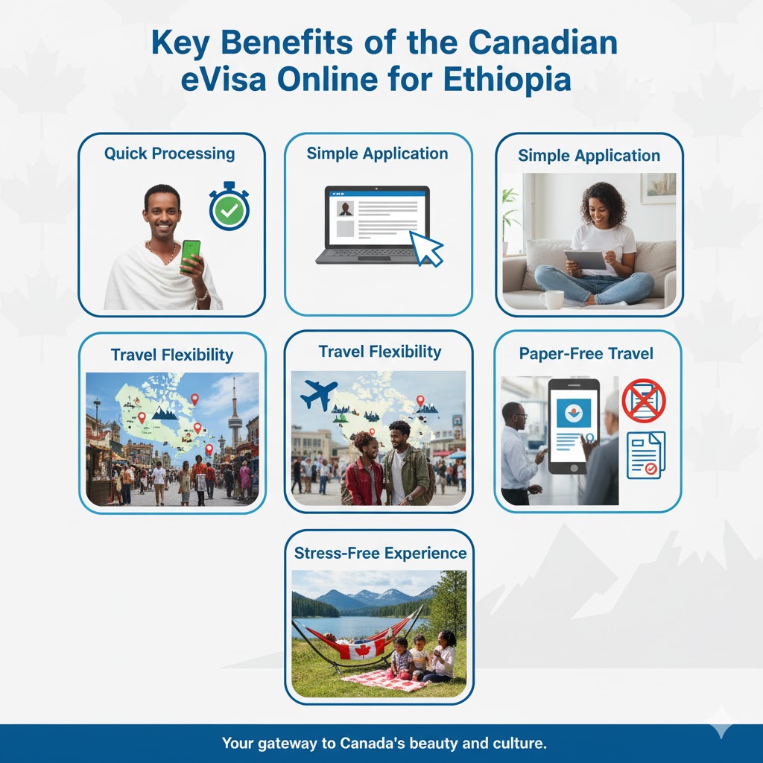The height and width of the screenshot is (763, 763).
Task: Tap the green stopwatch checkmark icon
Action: tap(229, 207)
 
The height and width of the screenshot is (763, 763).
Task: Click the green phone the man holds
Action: tap(190, 256)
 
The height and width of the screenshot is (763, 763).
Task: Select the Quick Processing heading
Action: tap(169, 153)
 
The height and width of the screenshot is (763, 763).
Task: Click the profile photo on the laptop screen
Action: tap(346, 209)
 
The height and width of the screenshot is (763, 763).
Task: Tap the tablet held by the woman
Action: tap(586, 259)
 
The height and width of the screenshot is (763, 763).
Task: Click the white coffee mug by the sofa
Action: tap(552, 300)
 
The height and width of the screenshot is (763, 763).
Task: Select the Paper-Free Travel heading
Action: tap(586, 354)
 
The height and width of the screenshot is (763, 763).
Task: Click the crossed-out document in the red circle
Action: tap(644, 400)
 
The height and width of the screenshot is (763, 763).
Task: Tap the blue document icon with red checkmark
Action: tap(646, 455)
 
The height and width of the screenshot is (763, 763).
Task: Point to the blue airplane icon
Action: tap(318, 394)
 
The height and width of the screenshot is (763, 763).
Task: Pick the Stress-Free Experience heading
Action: tap(380, 554)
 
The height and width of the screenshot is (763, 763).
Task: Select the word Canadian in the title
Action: tap(543, 42)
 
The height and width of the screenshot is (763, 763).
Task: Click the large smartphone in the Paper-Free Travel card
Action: tap(574, 426)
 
